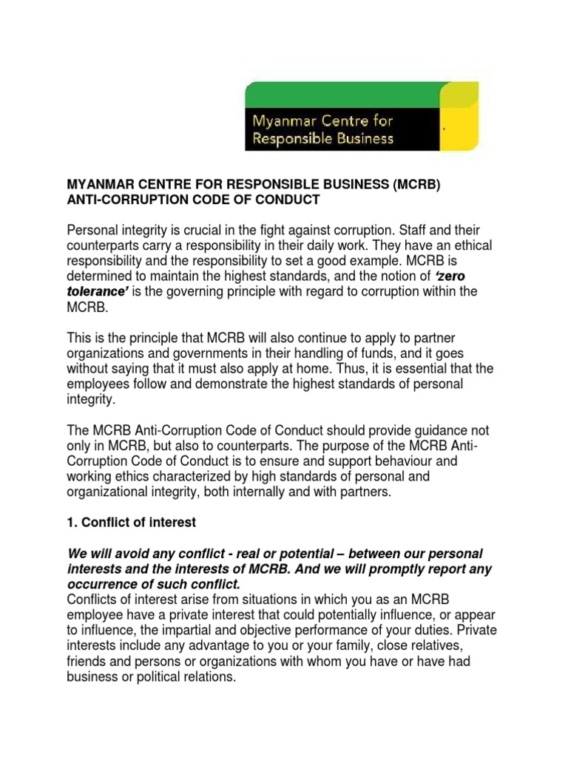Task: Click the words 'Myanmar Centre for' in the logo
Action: coord(324,120)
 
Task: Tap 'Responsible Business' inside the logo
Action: coord(324,138)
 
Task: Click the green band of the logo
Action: coord(348,93)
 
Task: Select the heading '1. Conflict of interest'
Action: coord(132,522)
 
